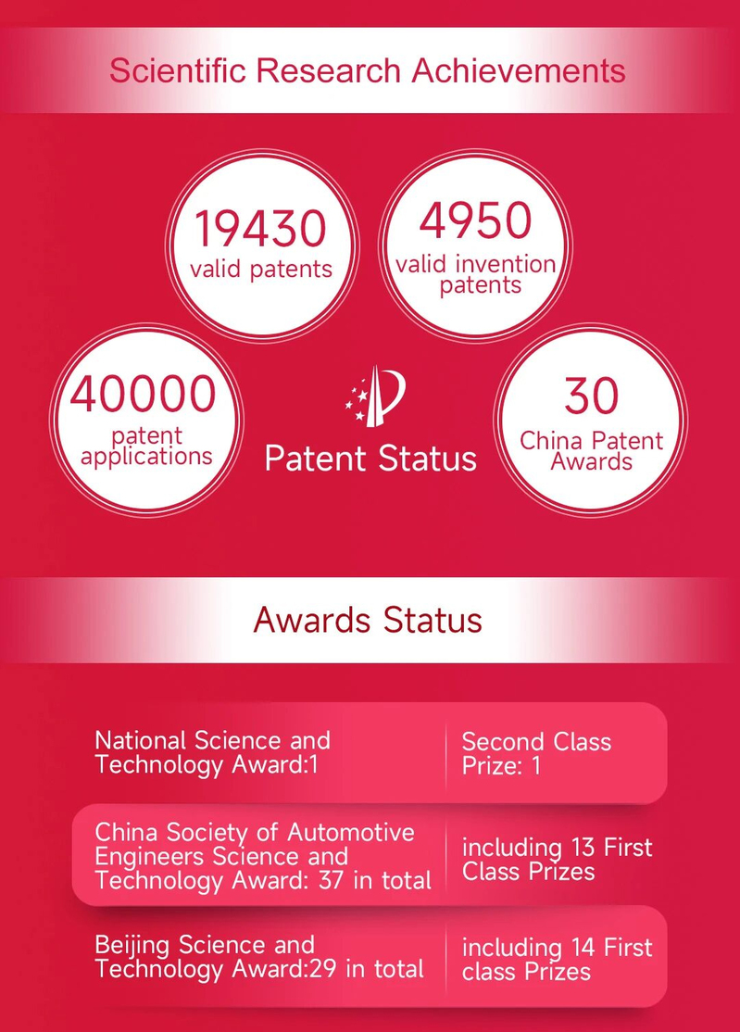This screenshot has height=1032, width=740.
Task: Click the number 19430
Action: click(260, 228)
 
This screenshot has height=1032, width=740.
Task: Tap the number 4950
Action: click(475, 220)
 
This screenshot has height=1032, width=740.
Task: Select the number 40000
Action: click(143, 394)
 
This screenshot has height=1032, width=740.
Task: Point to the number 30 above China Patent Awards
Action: click(591, 396)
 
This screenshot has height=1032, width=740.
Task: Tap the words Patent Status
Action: click(370, 458)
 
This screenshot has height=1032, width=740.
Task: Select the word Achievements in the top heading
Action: click(519, 70)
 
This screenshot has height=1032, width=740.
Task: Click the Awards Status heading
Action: click(368, 620)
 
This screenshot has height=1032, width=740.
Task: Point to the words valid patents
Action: click(261, 270)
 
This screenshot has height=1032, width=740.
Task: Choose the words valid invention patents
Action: click(476, 274)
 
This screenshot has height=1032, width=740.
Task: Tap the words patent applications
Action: click(146, 447)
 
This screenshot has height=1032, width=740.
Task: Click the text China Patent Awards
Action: click(591, 451)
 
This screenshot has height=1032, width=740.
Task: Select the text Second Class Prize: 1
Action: click(537, 753)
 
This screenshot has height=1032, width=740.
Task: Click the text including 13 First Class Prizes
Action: click(558, 860)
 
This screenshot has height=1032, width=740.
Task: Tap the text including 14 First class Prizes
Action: click(558, 960)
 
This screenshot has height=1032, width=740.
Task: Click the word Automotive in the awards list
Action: click(351, 833)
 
